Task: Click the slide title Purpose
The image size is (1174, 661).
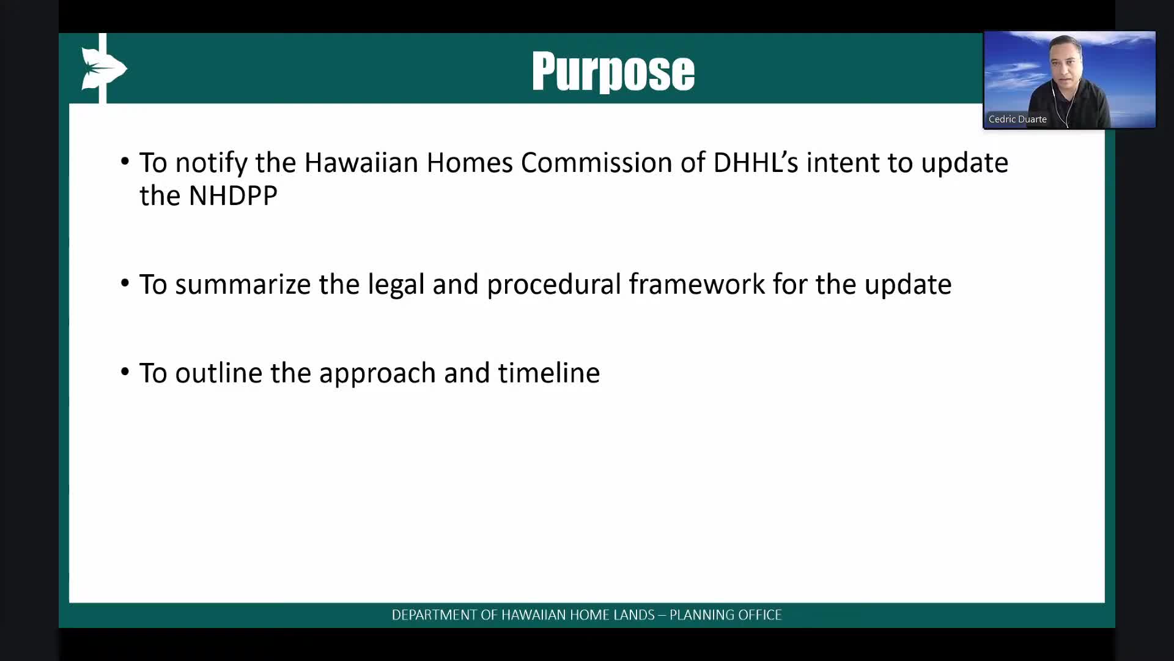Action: (613, 72)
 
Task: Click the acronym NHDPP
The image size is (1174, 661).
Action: (233, 196)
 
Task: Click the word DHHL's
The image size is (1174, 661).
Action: (756, 163)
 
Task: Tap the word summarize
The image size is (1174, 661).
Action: (243, 285)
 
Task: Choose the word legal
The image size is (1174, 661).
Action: (396, 285)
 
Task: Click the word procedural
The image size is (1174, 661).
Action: (553, 285)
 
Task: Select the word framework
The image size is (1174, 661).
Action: (696, 285)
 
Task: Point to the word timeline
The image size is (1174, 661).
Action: (548, 373)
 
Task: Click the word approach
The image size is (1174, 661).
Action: (377, 374)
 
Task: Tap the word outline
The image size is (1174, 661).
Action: (218, 373)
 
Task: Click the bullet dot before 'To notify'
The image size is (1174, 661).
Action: (125, 162)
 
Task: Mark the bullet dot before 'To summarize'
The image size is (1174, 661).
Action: (125, 283)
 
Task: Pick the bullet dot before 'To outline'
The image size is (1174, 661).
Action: (125, 372)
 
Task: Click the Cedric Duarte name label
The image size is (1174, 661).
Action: (1017, 119)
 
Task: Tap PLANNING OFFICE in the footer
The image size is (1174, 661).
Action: (726, 615)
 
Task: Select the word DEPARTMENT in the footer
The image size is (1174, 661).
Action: (435, 615)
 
